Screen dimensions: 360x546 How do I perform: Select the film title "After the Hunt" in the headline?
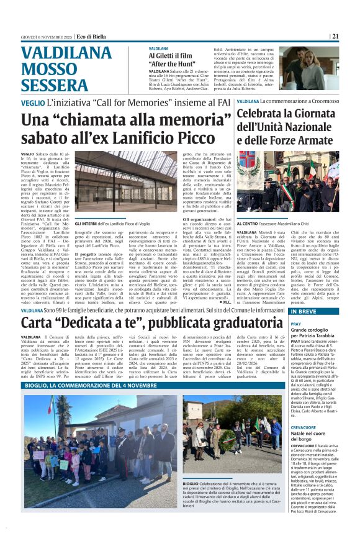[173, 63]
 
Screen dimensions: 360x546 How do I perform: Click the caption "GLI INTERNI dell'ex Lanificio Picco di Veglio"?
[112, 223]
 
